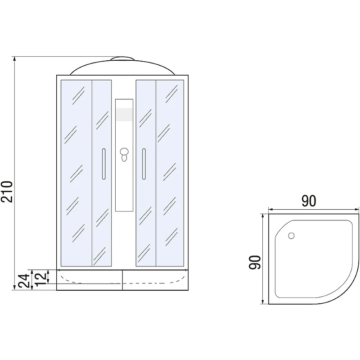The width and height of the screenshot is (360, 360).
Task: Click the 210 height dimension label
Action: (x=6, y=192)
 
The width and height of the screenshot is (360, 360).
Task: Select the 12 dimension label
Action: (x=41, y=279)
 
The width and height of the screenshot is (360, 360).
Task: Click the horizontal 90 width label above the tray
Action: (x=309, y=201)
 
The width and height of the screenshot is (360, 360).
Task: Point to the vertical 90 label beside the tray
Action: (x=255, y=262)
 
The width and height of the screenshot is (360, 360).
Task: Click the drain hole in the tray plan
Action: (x=291, y=235)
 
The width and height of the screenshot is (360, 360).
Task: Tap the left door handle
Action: (x=104, y=164)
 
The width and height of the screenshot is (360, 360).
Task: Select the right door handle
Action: (x=144, y=164)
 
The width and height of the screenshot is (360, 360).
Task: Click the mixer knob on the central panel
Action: (x=124, y=154)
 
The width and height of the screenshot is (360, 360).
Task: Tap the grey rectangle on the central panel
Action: (x=124, y=114)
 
